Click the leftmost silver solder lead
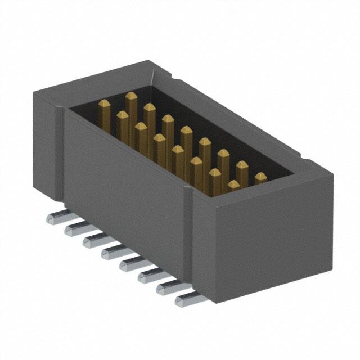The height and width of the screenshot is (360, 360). coord(56,218)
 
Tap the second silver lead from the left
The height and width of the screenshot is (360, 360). coord(74,228)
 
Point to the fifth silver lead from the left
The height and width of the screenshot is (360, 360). coord(129,263)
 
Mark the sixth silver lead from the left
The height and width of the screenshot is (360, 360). coord(147,274)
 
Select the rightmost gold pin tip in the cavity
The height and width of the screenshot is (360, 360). coord(260,178)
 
